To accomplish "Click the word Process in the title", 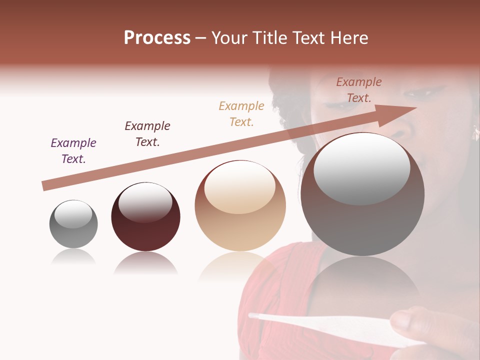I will point(157,38).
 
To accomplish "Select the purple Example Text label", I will point(73,151).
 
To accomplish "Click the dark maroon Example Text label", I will point(147,134).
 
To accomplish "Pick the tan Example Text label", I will point(241,113).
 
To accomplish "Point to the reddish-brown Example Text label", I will point(359,90).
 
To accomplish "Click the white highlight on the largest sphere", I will point(362,167).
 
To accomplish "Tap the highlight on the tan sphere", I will point(240,187).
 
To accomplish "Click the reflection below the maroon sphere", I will point(145,264).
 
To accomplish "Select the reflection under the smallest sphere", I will point(73,257).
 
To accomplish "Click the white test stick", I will point(320,322).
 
